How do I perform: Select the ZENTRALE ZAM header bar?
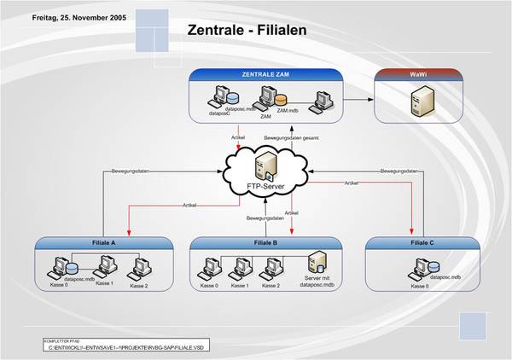(x=265, y=75)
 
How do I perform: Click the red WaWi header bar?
(x=417, y=75)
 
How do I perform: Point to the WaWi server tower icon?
(x=417, y=103)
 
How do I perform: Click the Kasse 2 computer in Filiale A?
(x=137, y=270)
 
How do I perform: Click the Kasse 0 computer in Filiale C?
(x=417, y=270)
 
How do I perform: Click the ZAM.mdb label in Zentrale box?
(x=287, y=112)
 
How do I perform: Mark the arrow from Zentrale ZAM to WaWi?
(x=358, y=99)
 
